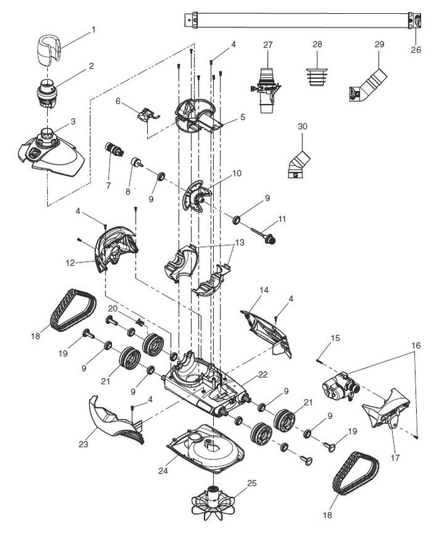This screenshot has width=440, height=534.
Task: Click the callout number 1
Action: [93, 30]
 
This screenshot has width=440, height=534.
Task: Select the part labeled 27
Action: [266, 89]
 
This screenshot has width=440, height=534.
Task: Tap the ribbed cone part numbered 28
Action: [317, 77]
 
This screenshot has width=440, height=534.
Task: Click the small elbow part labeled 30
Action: [299, 165]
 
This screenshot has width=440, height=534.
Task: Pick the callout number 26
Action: [416, 50]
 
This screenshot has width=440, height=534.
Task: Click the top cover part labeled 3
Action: [51, 152]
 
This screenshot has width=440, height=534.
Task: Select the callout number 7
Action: [109, 186]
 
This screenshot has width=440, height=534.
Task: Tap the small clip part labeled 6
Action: [148, 114]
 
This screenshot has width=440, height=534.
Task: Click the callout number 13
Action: [240, 243]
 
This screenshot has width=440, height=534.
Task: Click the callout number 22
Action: [263, 375]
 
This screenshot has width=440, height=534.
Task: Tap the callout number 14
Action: [264, 290]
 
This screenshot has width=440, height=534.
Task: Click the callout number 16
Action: [416, 346]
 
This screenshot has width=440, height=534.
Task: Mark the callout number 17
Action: [395, 458]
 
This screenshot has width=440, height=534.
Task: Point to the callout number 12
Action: [70, 263]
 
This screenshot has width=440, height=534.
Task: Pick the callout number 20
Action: [113, 309]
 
